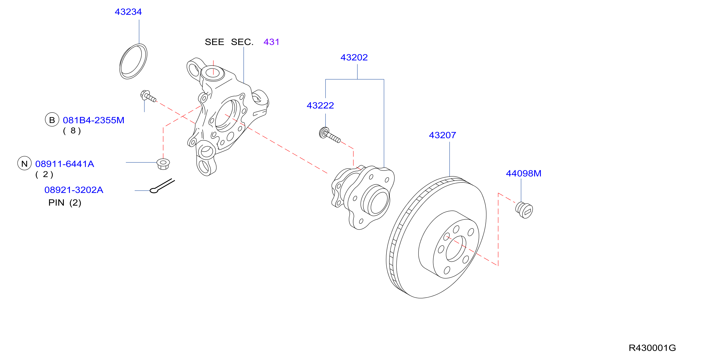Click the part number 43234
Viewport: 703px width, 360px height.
(128, 12)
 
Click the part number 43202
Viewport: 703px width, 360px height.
(354, 57)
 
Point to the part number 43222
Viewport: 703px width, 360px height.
(320, 105)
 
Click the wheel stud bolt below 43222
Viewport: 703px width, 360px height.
(330, 135)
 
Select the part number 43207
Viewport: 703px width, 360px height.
(442, 135)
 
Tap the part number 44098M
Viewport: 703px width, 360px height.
(523, 173)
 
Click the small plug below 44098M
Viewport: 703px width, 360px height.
(524, 210)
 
